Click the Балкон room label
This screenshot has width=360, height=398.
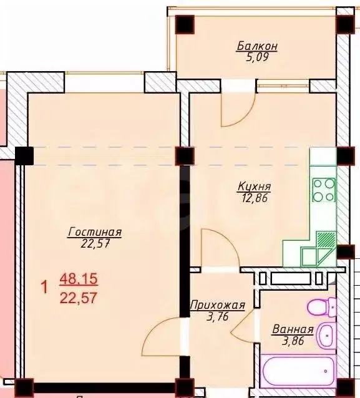point(257,46)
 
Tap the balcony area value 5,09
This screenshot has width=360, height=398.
point(257,57)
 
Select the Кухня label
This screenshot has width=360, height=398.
point(255,187)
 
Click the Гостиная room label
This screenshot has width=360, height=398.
point(95,232)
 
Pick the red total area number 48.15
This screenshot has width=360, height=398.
point(79,279)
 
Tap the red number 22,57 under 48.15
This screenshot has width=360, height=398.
point(79,298)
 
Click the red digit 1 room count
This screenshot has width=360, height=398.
point(45,288)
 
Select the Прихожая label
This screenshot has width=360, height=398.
point(218,305)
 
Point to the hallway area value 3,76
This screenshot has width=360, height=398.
point(218,316)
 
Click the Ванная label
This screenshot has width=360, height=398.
point(293,329)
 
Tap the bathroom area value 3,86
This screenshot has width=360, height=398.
point(293,341)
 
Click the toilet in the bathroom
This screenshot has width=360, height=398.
point(322,306)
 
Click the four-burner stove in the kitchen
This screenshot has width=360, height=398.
point(324,190)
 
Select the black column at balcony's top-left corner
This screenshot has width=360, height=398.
point(185,24)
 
